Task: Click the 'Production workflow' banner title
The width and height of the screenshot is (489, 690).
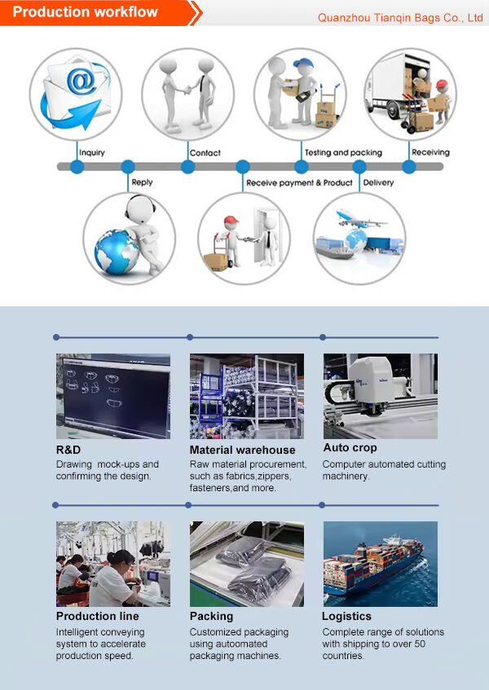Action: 85,12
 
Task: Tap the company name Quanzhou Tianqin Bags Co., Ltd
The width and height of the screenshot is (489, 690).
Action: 400,18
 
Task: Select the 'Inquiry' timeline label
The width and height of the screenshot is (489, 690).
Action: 92,152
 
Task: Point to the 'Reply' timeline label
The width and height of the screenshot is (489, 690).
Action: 142,182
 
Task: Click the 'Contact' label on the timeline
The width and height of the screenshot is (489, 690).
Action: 205,152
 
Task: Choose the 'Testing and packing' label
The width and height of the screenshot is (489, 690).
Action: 343,152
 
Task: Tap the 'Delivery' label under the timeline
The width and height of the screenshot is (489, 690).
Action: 378,182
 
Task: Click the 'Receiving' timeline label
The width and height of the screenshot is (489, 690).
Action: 430,152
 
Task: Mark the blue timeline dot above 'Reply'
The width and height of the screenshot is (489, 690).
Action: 128,167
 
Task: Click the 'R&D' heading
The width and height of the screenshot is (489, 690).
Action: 68,450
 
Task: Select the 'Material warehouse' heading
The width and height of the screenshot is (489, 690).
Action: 243,450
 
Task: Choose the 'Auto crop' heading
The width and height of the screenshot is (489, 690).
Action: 350,448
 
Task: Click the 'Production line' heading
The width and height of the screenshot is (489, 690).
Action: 97,616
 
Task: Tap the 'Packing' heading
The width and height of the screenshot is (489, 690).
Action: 211,617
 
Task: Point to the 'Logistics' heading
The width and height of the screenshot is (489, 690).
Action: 346,617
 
